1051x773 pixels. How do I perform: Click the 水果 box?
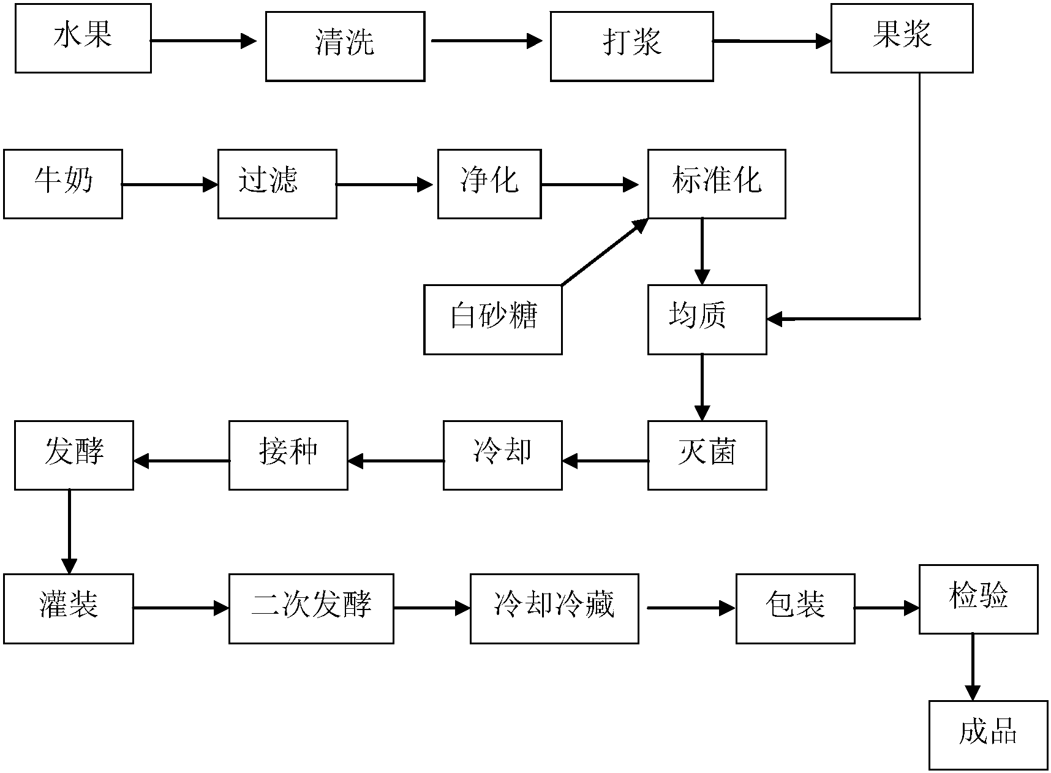tap(83, 38)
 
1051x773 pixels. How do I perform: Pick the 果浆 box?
tap(902, 38)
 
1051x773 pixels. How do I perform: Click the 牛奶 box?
tap(62, 184)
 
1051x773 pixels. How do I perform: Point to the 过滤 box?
tap(277, 184)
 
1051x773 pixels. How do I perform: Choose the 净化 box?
tap(489, 184)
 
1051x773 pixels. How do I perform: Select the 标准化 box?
tap(717, 184)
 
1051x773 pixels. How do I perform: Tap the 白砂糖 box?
tap(492, 319)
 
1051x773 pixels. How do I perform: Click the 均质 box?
tap(707, 319)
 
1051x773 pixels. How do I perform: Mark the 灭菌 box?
tap(707, 455)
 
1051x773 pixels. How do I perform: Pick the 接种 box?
tap(288, 455)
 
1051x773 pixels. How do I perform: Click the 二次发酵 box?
tap(311, 608)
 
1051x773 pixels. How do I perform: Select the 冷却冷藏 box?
tap(554, 608)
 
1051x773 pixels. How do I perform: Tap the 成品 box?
tap(987, 735)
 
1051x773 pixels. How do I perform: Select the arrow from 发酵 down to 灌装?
tap(69, 530)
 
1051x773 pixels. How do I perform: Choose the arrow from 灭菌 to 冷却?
tap(605, 461)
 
